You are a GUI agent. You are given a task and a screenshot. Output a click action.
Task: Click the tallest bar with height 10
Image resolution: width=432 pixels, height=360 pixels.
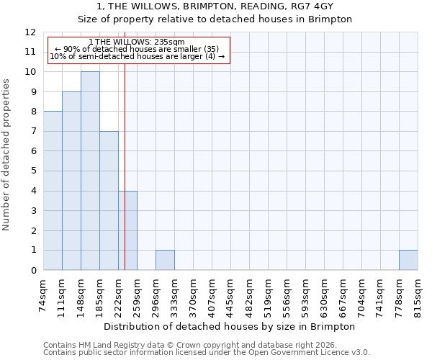pyautogui.click(x=90, y=171)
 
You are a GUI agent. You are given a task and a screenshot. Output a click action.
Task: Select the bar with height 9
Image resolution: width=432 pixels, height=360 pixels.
pyautogui.click(x=71, y=181)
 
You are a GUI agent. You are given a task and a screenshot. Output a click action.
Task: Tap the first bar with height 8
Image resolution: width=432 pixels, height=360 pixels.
pyautogui.click(x=53, y=191)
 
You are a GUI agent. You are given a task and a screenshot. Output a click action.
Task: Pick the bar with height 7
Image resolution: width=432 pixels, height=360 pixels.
pyautogui.click(x=109, y=201)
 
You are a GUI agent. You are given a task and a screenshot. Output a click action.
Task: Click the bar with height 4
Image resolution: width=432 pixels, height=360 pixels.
pyautogui.click(x=127, y=230)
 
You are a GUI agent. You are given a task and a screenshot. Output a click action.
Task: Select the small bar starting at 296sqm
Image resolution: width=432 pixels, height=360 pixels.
pyautogui.click(x=165, y=260)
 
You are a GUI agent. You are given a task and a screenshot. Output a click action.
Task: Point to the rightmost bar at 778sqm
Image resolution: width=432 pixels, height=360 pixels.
pyautogui.click(x=408, y=260)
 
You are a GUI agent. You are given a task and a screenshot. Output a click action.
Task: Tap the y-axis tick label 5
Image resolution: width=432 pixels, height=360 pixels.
pyautogui.click(x=33, y=171)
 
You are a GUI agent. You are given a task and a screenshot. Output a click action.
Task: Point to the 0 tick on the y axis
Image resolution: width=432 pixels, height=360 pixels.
pyautogui.click(x=33, y=270)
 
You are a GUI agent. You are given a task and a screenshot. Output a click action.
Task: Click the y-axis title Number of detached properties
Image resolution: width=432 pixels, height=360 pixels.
pyautogui.click(x=6, y=155)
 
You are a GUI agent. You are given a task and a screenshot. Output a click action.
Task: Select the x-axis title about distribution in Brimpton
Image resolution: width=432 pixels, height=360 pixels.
pyautogui.click(x=230, y=326)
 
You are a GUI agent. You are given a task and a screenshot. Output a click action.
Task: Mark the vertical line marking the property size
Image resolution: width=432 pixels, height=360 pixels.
pyautogui.click(x=125, y=180)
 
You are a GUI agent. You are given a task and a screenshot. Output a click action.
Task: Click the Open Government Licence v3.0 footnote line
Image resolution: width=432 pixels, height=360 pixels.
pyautogui.click(x=207, y=353)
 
